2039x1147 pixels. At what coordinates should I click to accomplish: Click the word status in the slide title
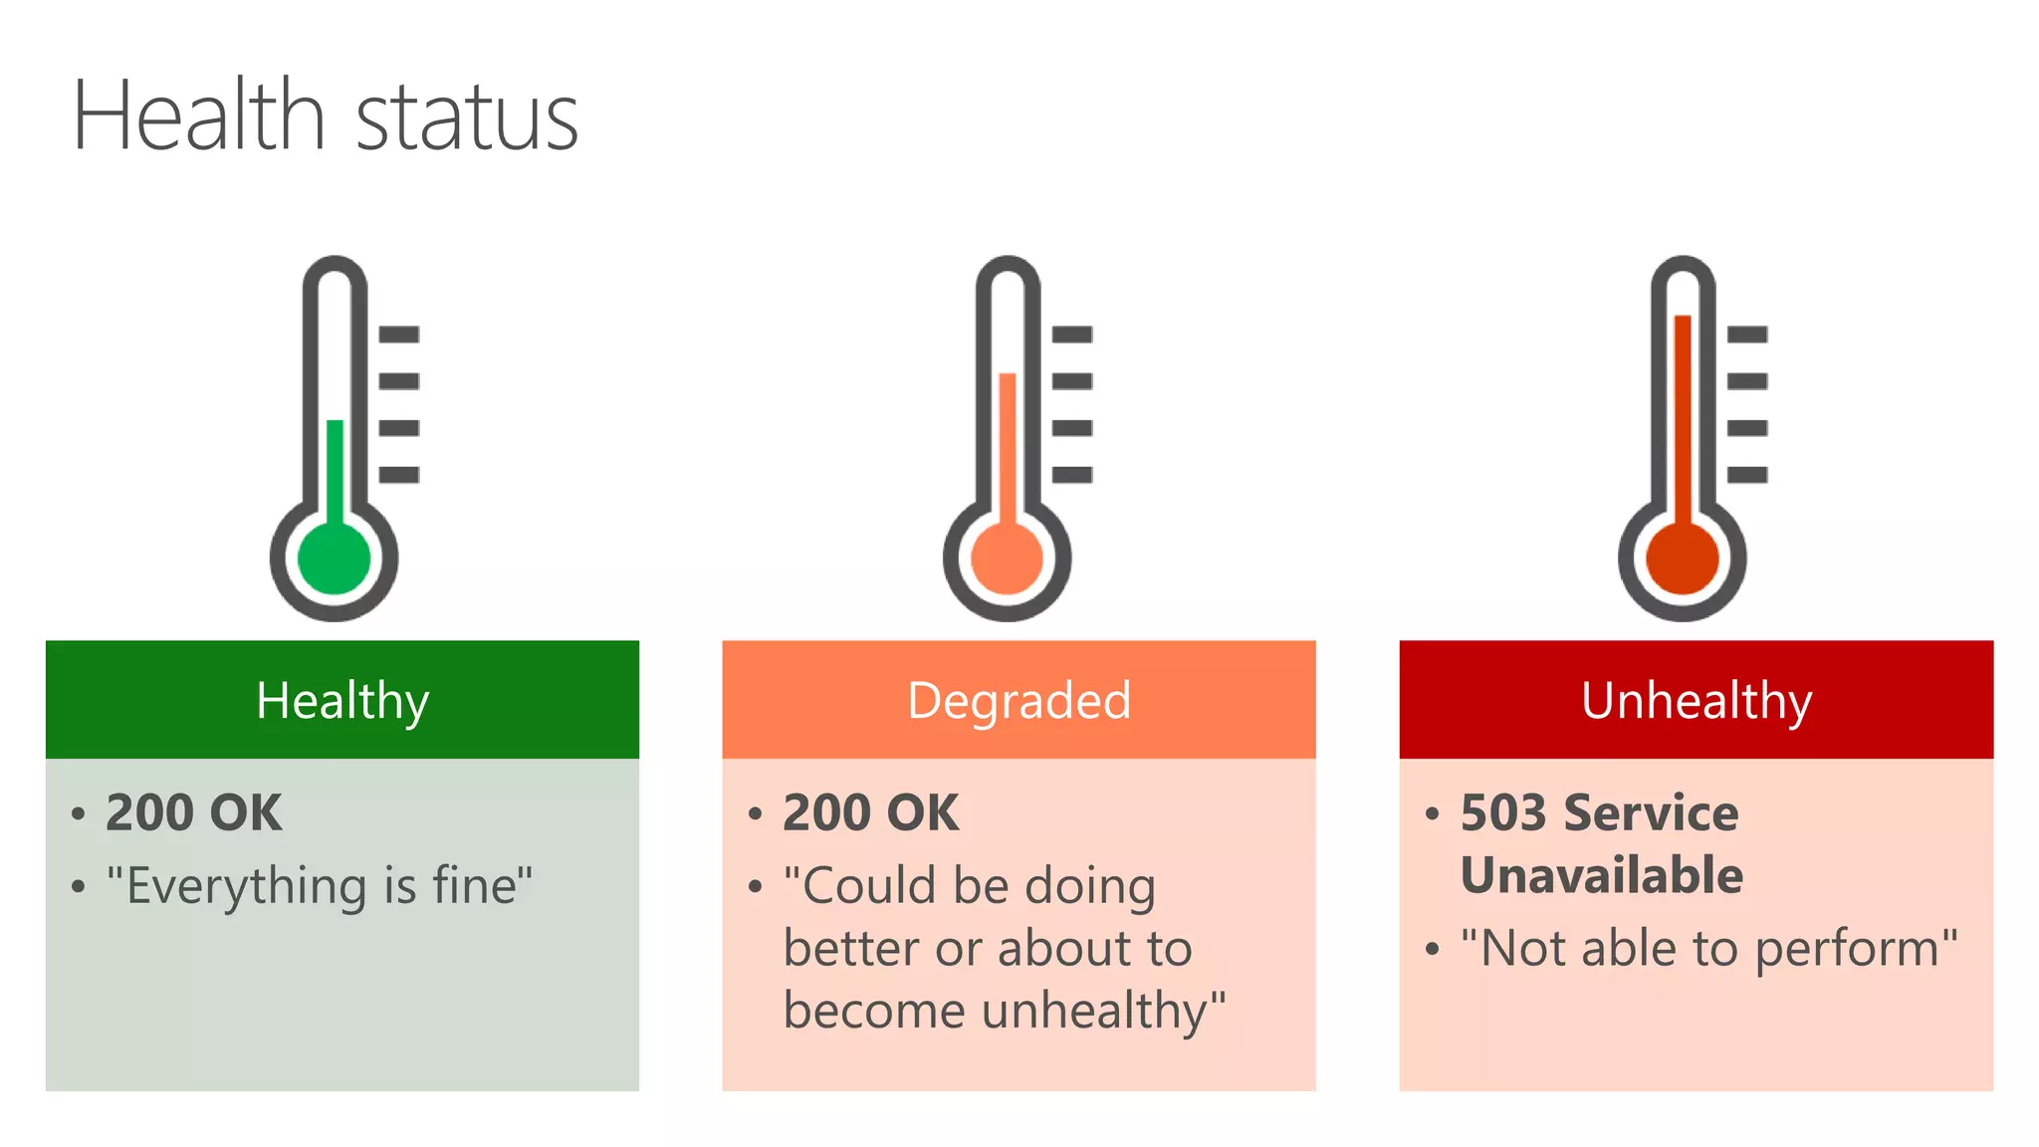pyautogui.click(x=466, y=119)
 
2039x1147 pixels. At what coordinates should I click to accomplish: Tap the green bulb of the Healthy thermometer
pyautogui.click(x=335, y=558)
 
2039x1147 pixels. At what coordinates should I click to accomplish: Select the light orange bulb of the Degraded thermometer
pyautogui.click(x=1007, y=558)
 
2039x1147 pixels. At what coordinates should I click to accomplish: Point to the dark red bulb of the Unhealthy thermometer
pyautogui.click(x=1683, y=558)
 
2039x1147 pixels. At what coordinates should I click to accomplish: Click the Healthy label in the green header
pyautogui.click(x=342, y=701)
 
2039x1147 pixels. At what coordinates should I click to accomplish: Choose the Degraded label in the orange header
pyautogui.click(x=1019, y=701)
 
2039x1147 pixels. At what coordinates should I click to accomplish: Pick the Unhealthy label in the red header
pyautogui.click(x=1697, y=701)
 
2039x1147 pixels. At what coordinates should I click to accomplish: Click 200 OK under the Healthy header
pyautogui.click(x=194, y=812)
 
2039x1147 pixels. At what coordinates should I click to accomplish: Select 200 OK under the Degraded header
pyautogui.click(x=871, y=812)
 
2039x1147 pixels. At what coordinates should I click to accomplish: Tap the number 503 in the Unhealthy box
pyautogui.click(x=1502, y=812)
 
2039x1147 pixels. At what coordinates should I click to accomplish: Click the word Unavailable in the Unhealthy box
pyautogui.click(x=1602, y=875)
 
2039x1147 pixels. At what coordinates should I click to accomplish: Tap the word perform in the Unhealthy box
pyautogui.click(x=1848, y=950)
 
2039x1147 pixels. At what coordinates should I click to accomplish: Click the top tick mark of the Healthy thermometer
pyautogui.click(x=399, y=335)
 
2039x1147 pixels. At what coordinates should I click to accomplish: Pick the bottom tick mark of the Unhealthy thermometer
pyautogui.click(x=1747, y=475)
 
